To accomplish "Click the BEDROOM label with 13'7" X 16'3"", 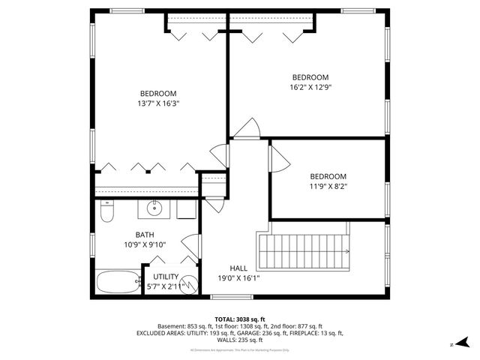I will tap(157, 93).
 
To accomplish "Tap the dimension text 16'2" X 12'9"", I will tap(310, 87).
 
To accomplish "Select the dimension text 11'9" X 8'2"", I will tap(328, 186).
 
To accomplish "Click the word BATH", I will tap(145, 234).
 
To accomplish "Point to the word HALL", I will tap(238, 268).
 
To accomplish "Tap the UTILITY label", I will tap(166, 276).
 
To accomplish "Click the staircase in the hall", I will tap(304, 252).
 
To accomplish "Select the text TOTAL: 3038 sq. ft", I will tap(240, 319).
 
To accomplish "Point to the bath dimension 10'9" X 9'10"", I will tap(145, 244).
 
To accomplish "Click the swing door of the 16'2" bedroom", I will tap(244, 132).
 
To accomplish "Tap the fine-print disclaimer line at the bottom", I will tap(240, 349).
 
